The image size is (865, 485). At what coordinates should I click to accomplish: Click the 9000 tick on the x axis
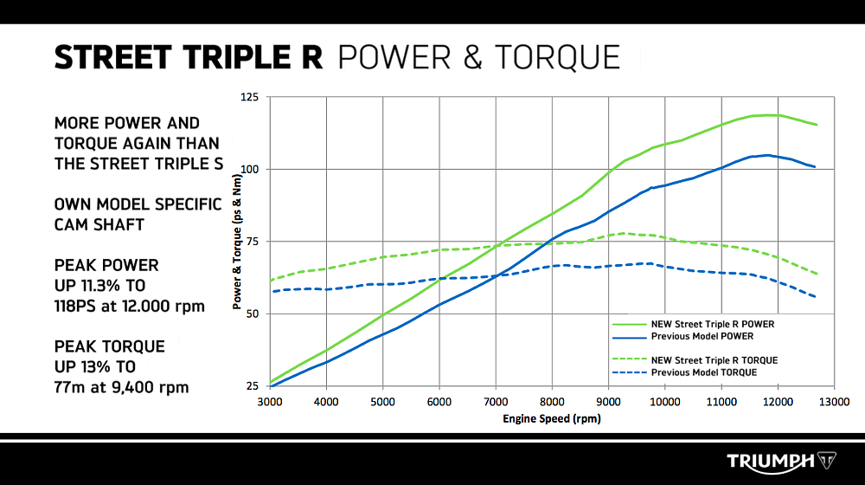[608, 402]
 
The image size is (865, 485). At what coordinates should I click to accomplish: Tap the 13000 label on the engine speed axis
[834, 402]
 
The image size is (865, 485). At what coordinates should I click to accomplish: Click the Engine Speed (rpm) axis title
[551, 419]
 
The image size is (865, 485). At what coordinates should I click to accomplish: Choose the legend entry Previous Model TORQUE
[704, 372]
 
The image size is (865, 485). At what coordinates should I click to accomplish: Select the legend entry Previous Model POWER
[701, 336]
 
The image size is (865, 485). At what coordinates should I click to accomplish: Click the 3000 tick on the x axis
[270, 402]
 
